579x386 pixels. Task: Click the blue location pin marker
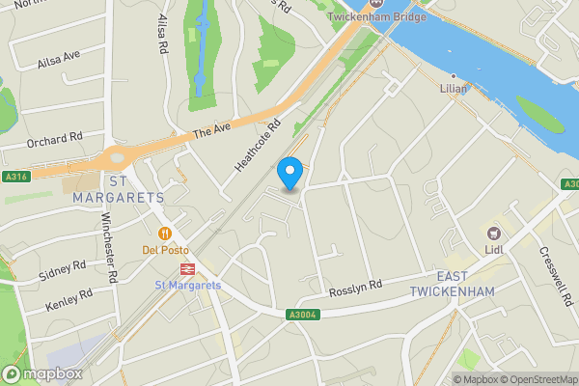tap(290, 174)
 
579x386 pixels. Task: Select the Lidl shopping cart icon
tap(495, 233)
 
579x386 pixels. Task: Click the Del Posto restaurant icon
tap(164, 233)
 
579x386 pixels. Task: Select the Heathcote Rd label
tap(257, 146)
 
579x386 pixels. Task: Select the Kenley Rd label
tap(69, 299)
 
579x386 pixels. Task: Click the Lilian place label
tap(453, 88)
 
